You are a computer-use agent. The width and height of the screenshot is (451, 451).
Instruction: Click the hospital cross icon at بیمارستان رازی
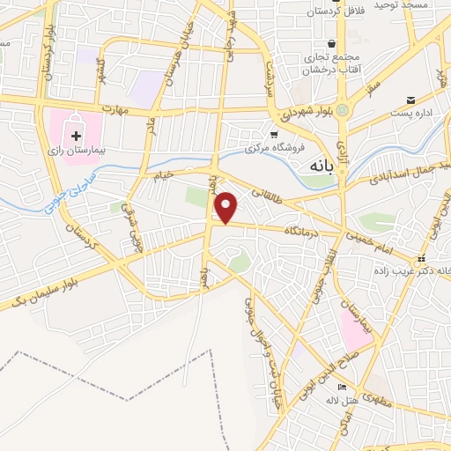76,137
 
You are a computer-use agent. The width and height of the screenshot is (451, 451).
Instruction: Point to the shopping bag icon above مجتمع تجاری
331,44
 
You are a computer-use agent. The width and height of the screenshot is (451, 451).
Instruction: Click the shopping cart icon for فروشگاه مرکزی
273,136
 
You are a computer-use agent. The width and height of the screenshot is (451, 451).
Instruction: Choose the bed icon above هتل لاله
343,388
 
